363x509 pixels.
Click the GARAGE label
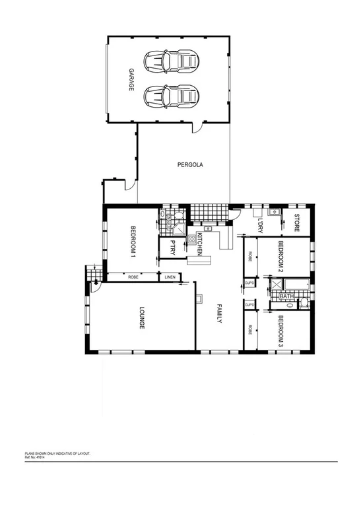click(131, 79)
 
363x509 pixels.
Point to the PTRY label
click(172, 247)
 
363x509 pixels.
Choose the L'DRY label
click(261, 224)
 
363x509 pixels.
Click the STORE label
click(297, 221)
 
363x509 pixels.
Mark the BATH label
click(286, 296)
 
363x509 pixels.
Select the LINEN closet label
click(170, 277)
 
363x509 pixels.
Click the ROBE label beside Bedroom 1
click(133, 277)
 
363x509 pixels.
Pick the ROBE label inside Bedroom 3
click(250, 329)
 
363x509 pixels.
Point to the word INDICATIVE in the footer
click(61, 454)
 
